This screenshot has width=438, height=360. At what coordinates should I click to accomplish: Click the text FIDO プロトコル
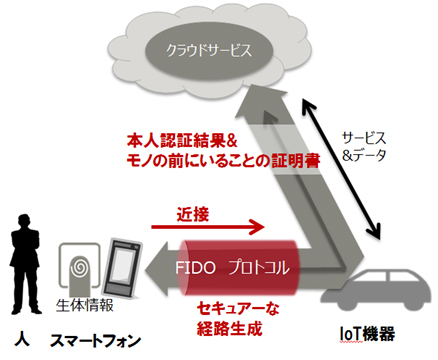click(x=241, y=267)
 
